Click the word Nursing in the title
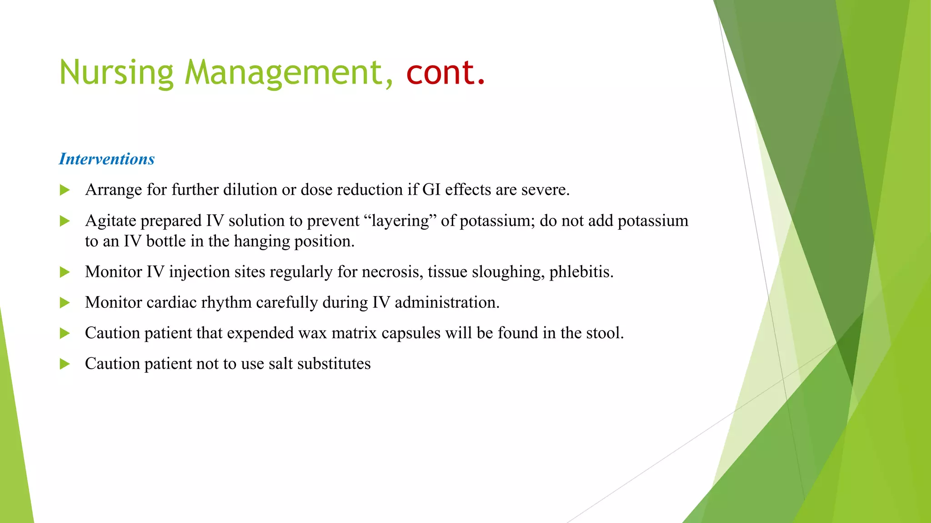pyautogui.click(x=116, y=73)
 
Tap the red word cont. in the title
pyautogui.click(x=445, y=73)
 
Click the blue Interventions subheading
pyautogui.click(x=107, y=159)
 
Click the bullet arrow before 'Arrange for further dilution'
pyautogui.click(x=65, y=190)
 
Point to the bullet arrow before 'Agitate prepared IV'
pyautogui.click(x=65, y=221)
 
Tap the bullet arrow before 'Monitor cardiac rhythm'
pyautogui.click(x=65, y=303)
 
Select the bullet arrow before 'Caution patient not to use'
pyautogui.click(x=65, y=364)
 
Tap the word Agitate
pyautogui.click(x=110, y=221)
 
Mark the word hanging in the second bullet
pyautogui.click(x=263, y=242)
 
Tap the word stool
pyautogui.click(x=605, y=333)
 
